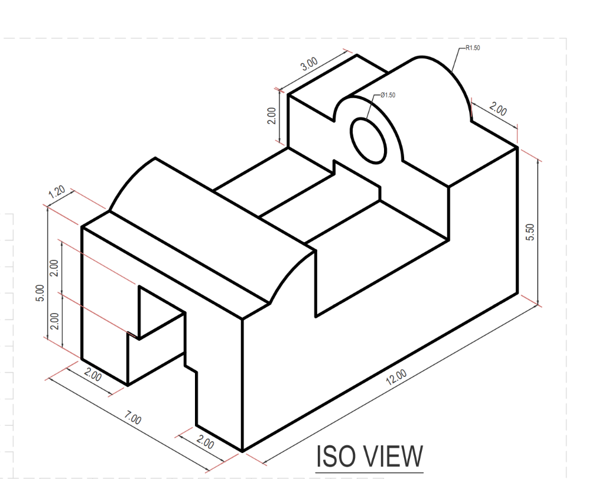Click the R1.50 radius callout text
(473, 48)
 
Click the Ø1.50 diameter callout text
(388, 95)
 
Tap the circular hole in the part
(369, 139)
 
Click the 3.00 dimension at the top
(309, 64)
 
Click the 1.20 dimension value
(57, 193)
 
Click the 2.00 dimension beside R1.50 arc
(498, 109)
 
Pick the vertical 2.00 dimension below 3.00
(271, 116)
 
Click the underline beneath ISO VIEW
(369, 473)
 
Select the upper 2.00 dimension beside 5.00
(54, 269)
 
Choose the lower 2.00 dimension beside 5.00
(54, 321)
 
